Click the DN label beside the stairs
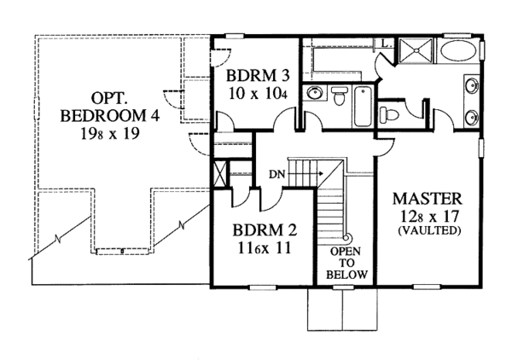[x=276, y=174]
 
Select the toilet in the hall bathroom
[x=340, y=98]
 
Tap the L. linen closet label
[x=385, y=42]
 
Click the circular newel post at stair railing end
[x=347, y=239]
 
